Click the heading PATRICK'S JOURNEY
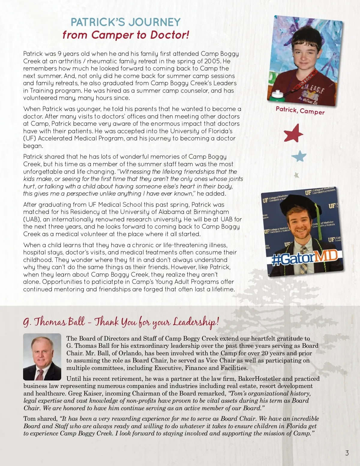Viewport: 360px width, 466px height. (x=126, y=22)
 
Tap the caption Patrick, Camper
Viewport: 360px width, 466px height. (x=300, y=110)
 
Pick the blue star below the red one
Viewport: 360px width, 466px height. (x=299, y=156)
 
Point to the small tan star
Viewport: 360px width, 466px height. (x=296, y=175)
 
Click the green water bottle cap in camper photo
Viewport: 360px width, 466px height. (x=274, y=92)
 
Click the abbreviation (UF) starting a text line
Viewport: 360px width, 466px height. (x=29, y=138)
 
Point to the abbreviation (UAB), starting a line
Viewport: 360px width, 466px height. (x=31, y=219)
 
